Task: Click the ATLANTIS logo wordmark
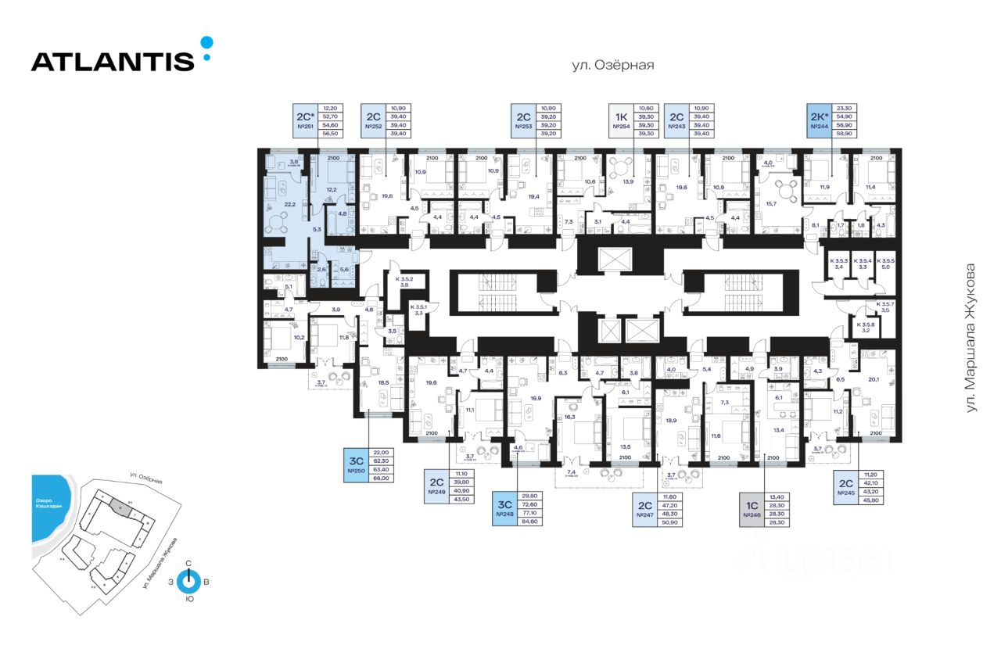click(x=113, y=61)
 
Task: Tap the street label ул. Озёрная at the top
click(x=612, y=66)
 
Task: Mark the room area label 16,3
click(x=569, y=418)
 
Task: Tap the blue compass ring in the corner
click(x=188, y=582)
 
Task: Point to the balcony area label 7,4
click(x=572, y=472)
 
